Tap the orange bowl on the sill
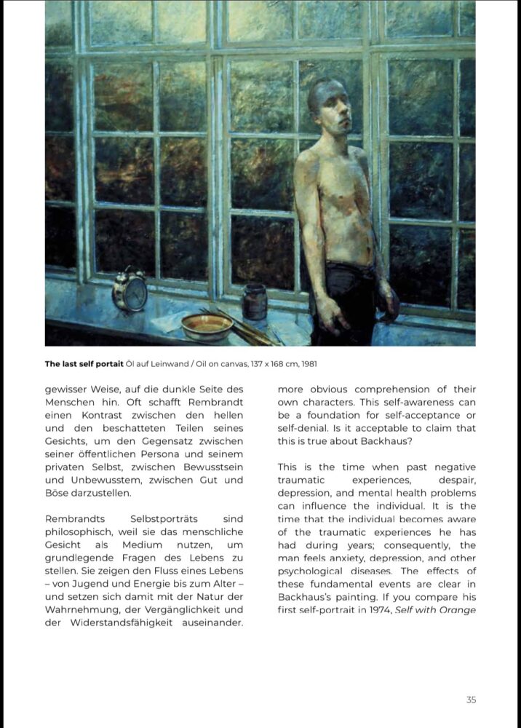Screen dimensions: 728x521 [x=207, y=326]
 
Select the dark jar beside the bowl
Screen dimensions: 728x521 [x=254, y=301]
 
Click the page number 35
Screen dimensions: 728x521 [x=471, y=700]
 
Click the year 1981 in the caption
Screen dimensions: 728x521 [x=307, y=363]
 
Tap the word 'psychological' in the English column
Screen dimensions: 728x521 [x=310, y=571]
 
